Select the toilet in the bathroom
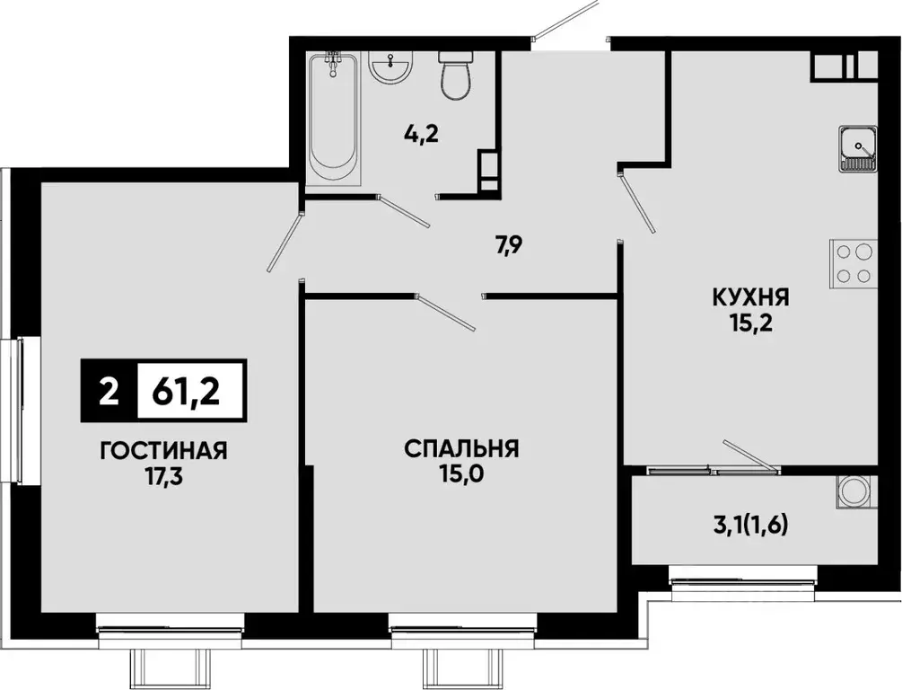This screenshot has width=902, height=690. [457, 75]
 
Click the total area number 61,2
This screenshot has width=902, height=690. [188, 393]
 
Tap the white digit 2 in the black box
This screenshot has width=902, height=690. [109, 393]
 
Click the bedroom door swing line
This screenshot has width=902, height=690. [449, 312]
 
